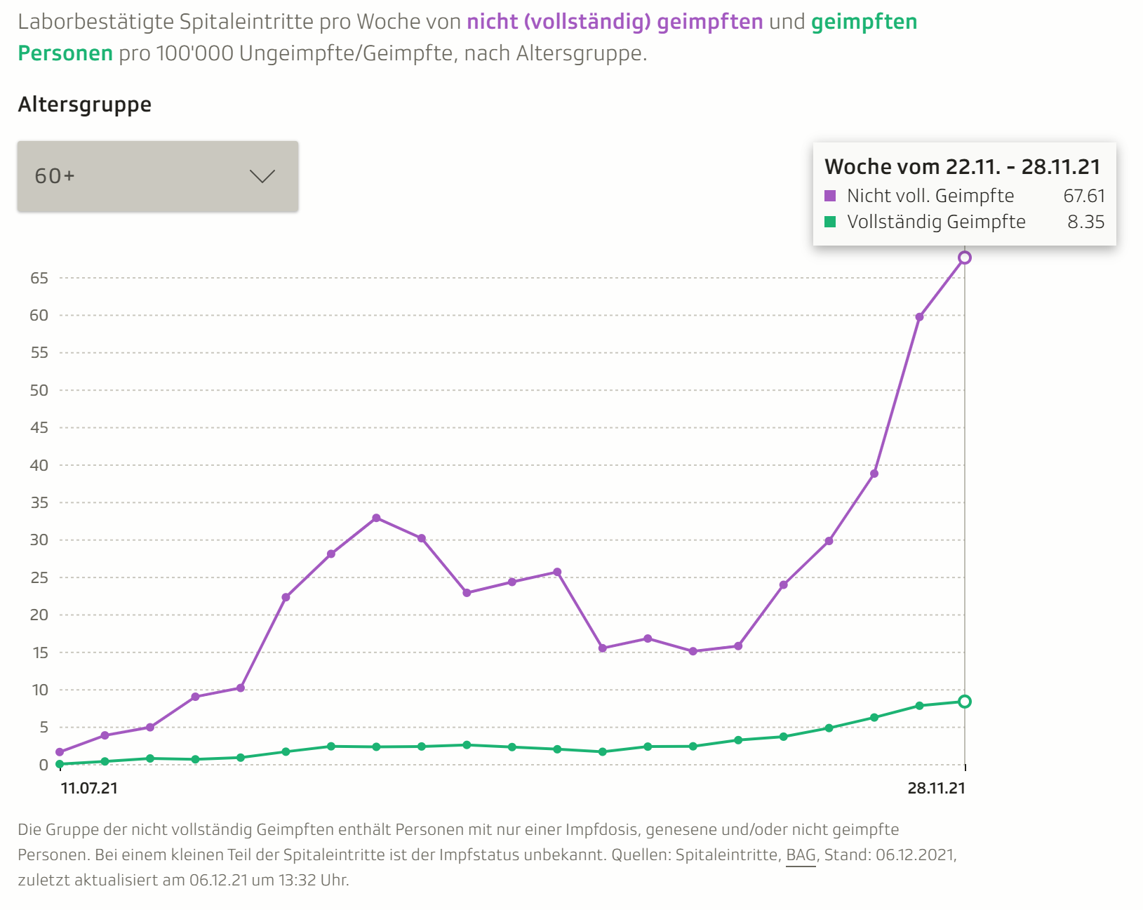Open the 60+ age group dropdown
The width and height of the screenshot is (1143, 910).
coord(157,176)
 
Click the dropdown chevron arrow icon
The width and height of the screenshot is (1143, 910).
coord(262,176)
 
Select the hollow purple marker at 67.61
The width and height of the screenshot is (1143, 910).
coord(965,257)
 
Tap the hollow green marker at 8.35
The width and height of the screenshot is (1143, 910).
coord(965,702)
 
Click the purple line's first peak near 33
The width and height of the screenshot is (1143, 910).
coord(376,518)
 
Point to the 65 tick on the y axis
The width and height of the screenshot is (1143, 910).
coord(39,278)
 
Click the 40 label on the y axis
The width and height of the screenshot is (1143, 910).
coord(39,465)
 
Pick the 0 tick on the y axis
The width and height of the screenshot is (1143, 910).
coord(44,765)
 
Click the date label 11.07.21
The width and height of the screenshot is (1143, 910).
coord(89,788)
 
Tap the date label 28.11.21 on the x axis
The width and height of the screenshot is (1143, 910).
coord(936,788)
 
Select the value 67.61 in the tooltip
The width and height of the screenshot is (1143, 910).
coord(1084,196)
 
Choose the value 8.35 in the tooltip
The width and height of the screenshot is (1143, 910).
coord(1086,222)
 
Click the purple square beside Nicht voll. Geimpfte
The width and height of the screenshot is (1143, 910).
coord(831,196)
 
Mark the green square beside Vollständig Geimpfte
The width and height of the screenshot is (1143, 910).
coord(831,222)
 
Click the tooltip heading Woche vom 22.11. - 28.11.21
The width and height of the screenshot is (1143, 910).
coord(963,166)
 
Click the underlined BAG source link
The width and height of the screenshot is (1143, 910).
coord(801,855)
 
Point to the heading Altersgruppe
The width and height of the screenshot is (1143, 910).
coord(85,105)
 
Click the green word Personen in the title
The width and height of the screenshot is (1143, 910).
coord(65,53)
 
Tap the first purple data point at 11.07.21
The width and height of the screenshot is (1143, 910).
coord(60,752)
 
